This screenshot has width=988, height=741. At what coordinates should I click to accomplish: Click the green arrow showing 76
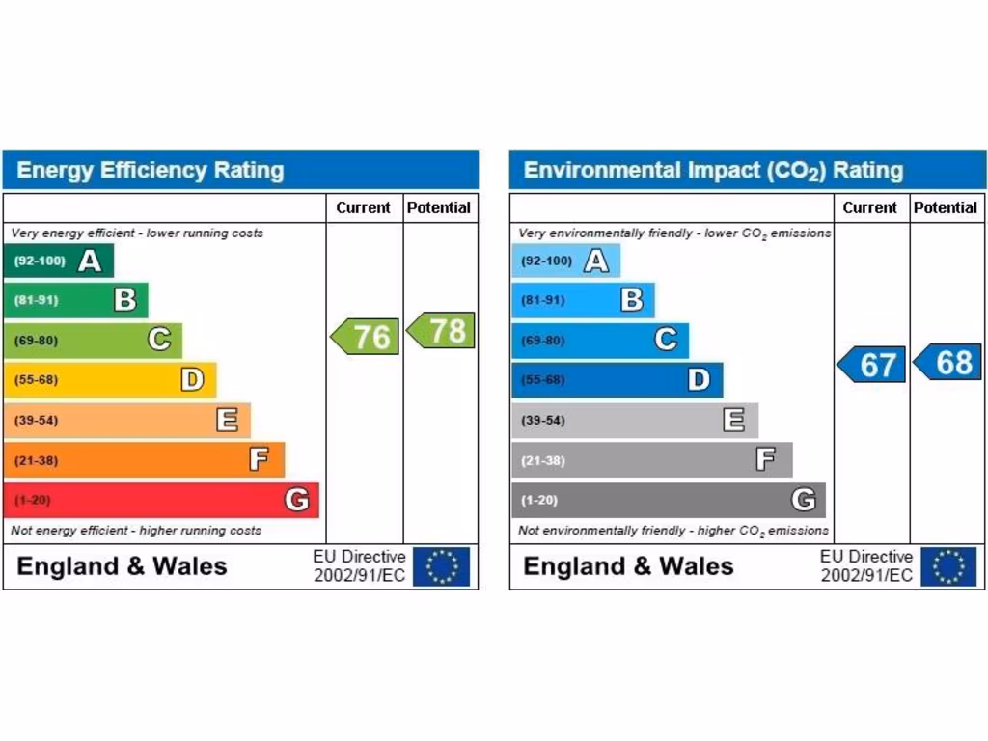[x=366, y=337]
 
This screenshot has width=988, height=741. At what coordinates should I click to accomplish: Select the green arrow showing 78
[x=442, y=330]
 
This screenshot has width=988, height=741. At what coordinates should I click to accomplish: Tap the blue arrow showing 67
[x=872, y=365]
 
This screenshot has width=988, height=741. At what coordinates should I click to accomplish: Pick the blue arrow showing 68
[x=948, y=362]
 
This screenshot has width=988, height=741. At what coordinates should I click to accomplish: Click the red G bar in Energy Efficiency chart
[x=161, y=500]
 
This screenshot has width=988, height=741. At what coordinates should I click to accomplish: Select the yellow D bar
[x=110, y=380]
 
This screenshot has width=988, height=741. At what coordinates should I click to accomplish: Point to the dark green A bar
[x=59, y=261]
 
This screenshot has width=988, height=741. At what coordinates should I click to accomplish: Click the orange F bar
[x=145, y=460]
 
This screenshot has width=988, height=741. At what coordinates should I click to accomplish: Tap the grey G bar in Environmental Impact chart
[x=668, y=500]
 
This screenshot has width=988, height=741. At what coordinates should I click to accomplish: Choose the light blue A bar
[x=565, y=261]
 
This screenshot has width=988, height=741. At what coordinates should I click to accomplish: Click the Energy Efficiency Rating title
[x=151, y=171]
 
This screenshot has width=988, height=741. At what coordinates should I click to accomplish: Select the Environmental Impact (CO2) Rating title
[x=713, y=171]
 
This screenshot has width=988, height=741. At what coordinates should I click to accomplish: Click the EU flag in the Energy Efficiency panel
[x=441, y=566]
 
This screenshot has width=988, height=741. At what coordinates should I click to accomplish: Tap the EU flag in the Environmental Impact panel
[x=947, y=566]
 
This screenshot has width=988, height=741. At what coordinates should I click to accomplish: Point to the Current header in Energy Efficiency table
[x=363, y=207]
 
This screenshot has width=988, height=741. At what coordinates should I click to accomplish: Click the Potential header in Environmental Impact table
[x=946, y=207]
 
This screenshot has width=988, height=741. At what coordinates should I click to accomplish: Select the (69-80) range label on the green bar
[x=36, y=341]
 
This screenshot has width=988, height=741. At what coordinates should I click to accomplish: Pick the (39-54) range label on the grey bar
[x=543, y=421]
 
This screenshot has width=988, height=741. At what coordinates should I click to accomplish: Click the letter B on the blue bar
[x=632, y=300]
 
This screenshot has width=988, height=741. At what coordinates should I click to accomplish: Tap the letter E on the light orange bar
[x=227, y=420]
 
